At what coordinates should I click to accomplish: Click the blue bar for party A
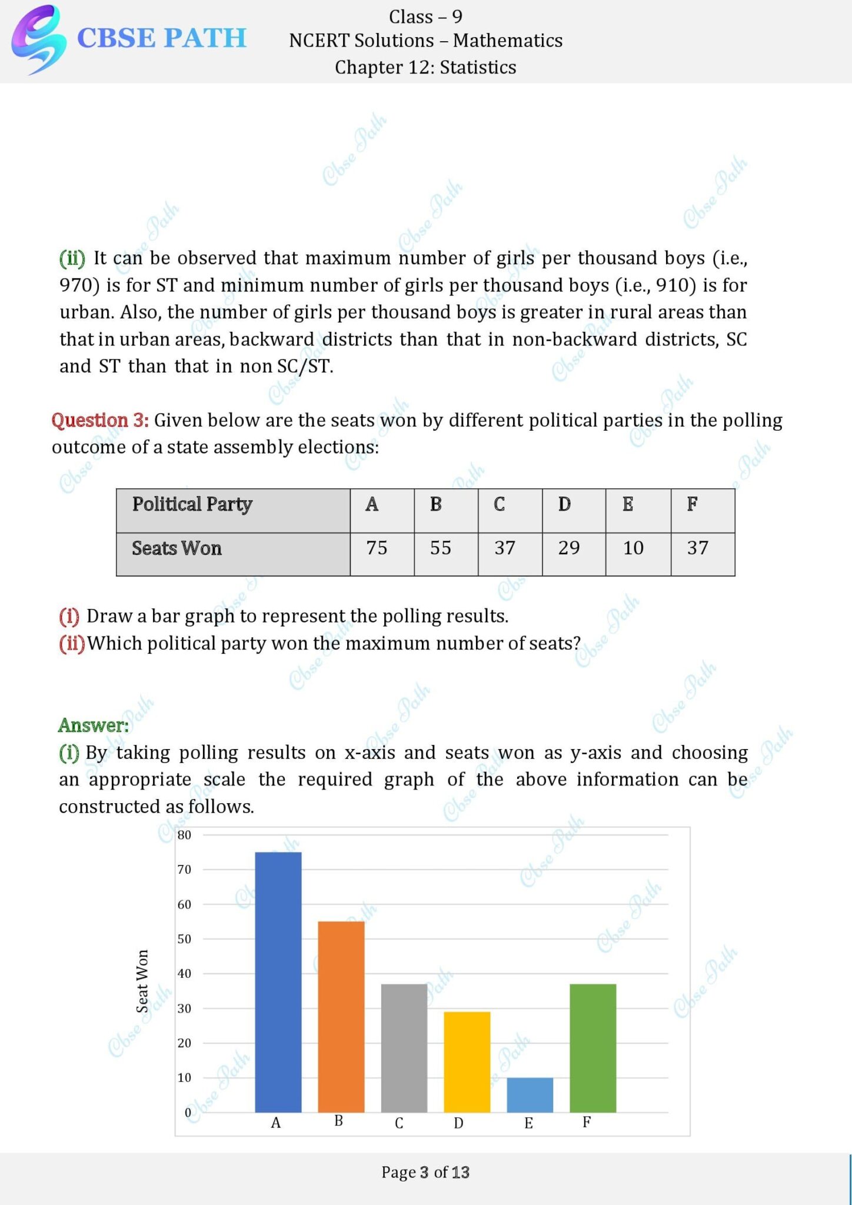coord(278,982)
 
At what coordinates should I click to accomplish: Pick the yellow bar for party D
coord(467,1062)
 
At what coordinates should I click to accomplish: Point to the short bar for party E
coord(530,1095)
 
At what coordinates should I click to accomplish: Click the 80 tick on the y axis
coord(184,835)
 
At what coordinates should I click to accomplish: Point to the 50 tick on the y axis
coord(184,939)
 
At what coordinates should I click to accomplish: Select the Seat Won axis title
coord(142,981)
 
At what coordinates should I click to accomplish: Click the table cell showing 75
coord(377,548)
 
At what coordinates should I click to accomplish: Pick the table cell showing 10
coord(633,548)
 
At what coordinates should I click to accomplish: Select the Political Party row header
coord(192,504)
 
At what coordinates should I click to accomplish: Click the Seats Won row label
coord(177,548)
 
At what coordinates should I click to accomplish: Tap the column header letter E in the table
coord(628,504)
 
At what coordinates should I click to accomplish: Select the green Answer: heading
coord(93,725)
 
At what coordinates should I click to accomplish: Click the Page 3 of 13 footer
coord(425,1172)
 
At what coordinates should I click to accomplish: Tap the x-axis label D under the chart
coord(458,1123)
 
